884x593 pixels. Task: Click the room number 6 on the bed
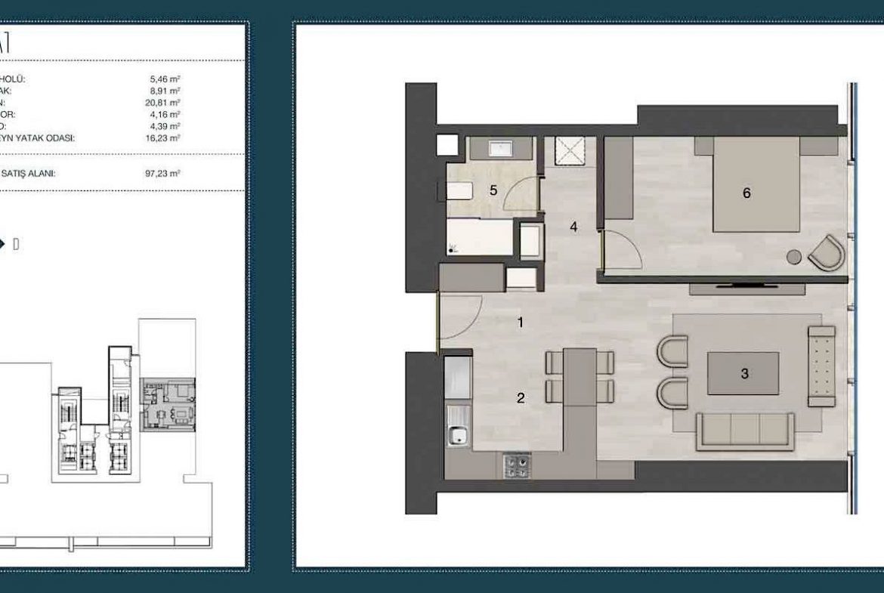pos(746,193)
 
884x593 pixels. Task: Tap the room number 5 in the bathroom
pos(493,190)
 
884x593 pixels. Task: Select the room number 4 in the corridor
pos(573,226)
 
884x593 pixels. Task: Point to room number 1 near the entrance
pos(520,323)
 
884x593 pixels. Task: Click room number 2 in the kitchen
pos(521,398)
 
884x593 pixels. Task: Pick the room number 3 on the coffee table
pos(745,373)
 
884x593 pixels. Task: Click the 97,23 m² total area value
pos(163,174)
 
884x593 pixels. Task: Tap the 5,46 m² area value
pos(165,78)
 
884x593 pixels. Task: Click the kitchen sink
pos(456,434)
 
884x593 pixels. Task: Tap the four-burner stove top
pos(518,465)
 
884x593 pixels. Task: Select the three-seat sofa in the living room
pos(745,431)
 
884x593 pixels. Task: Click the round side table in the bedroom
pos(794,257)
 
